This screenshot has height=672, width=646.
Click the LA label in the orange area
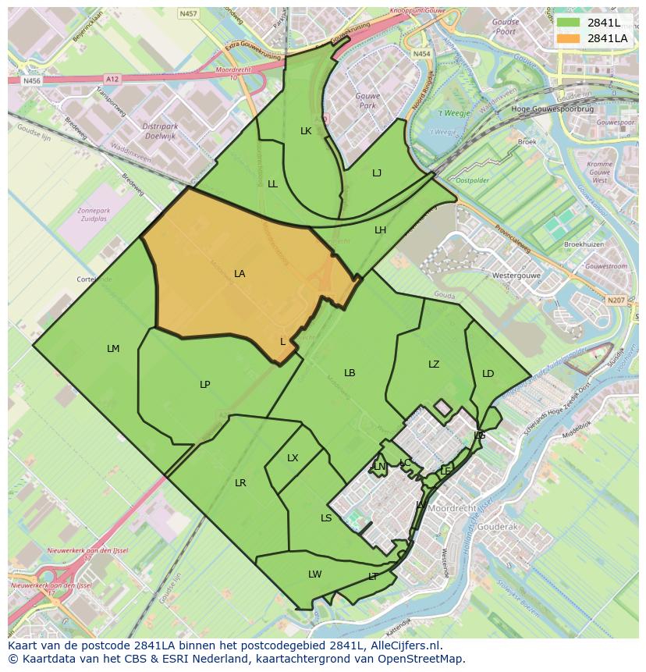click(x=240, y=274)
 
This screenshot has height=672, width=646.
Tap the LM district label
click(x=113, y=349)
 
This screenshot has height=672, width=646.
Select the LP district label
click(x=204, y=384)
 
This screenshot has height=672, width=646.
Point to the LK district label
click(x=306, y=131)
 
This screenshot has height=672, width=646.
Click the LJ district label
click(x=377, y=173)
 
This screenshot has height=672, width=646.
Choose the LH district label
click(x=380, y=230)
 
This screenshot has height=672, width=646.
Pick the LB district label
click(x=350, y=373)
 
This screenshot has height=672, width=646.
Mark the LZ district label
click(x=434, y=364)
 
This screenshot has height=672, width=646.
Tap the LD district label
click(x=488, y=374)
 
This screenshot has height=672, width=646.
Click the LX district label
click(x=293, y=458)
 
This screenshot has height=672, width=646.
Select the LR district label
click(x=240, y=483)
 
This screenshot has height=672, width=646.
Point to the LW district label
click(x=314, y=574)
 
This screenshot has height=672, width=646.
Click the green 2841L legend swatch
click(x=568, y=23)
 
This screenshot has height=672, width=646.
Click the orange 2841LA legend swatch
click(x=568, y=38)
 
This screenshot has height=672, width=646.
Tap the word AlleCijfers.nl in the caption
click(x=403, y=646)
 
